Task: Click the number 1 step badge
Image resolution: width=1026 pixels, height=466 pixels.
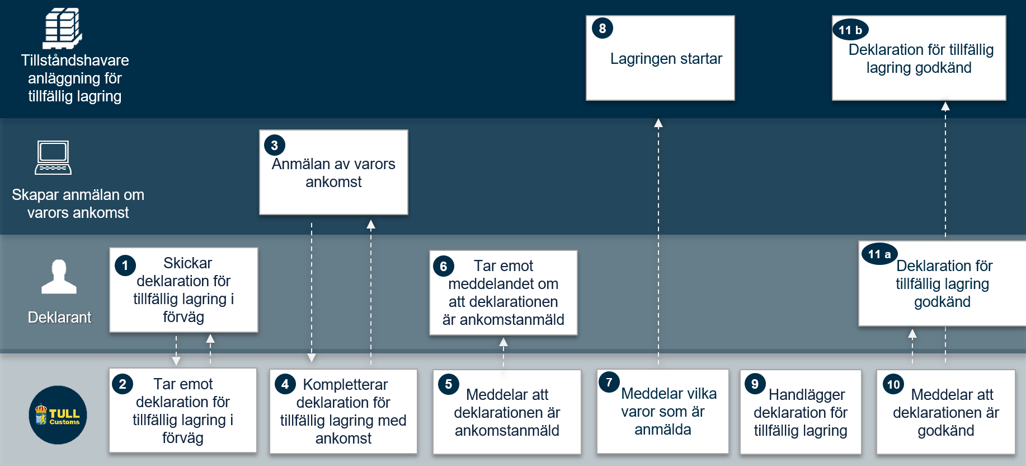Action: tap(125, 265)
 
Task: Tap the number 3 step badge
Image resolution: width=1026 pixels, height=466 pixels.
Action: tap(274, 145)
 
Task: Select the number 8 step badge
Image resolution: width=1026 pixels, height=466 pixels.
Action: tap(603, 28)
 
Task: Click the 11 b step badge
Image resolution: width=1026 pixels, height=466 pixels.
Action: tap(850, 30)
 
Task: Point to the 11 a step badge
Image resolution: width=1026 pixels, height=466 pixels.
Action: tap(879, 254)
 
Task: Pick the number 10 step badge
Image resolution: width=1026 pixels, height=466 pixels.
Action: tap(893, 384)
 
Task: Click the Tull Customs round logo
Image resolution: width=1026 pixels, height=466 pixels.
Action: tap(58, 415)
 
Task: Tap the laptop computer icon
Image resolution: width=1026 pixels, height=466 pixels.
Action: tap(53, 158)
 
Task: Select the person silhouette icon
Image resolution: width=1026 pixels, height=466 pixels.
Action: tap(59, 277)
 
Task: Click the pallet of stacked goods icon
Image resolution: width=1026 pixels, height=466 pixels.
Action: tap(63, 28)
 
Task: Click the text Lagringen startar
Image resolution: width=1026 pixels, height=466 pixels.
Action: tap(666, 59)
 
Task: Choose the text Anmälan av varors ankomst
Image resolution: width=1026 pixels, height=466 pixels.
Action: tap(333, 173)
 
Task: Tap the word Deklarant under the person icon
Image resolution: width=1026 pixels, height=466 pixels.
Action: tap(59, 318)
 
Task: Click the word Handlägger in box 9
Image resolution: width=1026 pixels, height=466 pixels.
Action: tap(806, 395)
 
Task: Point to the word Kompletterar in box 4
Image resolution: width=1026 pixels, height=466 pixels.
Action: tap(345, 385)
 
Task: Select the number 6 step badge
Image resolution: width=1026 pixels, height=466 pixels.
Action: tap(443, 266)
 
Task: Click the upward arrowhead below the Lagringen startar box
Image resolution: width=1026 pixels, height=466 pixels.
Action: tap(658, 123)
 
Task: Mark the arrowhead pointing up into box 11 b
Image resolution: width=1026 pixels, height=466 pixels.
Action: tap(945, 106)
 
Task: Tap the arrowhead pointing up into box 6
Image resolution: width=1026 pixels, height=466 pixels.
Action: tap(503, 342)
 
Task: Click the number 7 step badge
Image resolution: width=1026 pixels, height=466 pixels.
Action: tap(609, 382)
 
